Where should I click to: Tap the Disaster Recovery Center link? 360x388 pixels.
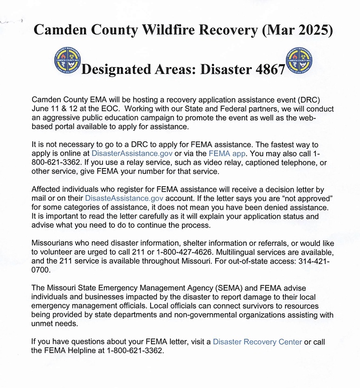coord(257,341)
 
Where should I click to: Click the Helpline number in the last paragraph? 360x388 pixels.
coord(135,351)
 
